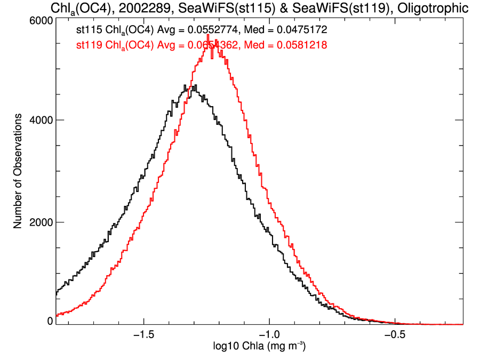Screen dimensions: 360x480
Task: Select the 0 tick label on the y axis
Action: [50, 321]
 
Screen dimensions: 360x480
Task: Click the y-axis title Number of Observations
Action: [18, 171]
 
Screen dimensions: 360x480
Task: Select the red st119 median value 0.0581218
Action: [293, 46]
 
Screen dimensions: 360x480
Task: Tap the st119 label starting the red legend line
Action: [88, 46]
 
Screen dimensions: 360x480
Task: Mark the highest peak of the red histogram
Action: [208, 35]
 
